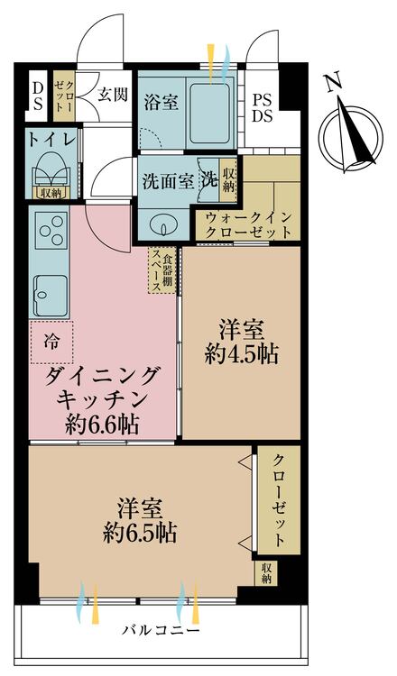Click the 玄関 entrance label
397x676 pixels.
point(112,93)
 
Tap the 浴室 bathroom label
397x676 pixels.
point(161,102)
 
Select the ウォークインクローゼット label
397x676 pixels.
point(248,224)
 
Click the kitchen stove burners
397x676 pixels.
point(49,232)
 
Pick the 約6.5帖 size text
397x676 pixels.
point(138,532)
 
